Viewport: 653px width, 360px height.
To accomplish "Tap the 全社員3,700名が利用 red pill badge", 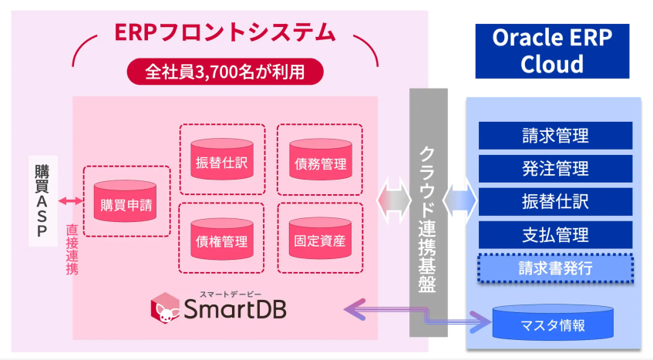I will coord(225,72).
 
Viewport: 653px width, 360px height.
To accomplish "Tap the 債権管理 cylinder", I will coord(221,238).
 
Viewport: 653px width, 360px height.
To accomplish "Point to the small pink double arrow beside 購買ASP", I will coord(71,202).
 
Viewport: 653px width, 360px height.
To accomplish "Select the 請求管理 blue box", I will coord(555,136).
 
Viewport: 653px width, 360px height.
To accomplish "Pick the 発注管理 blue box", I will coord(555,169).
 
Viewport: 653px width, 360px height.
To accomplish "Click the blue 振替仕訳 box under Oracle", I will coord(555,202).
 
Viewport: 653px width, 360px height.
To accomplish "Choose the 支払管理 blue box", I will coord(555,234).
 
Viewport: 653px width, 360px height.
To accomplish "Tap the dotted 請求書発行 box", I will coord(555,267).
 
